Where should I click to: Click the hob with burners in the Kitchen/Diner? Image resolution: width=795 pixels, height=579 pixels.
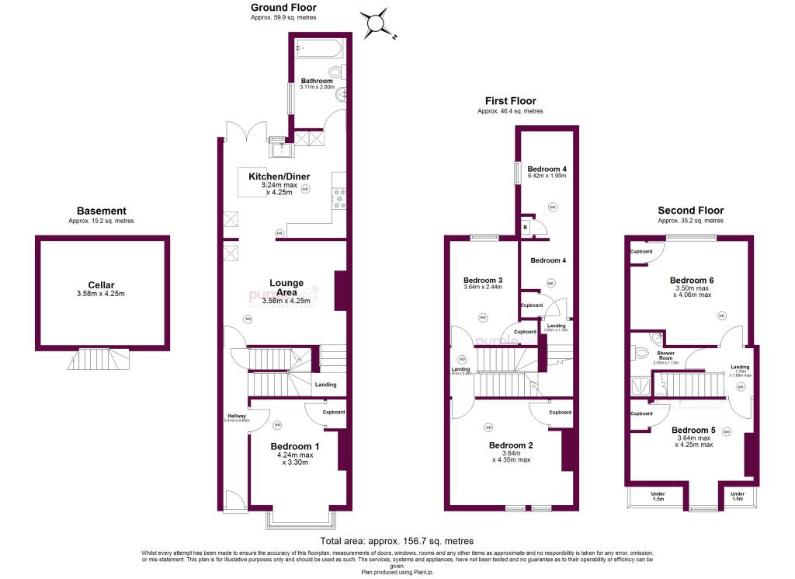tap(338, 201)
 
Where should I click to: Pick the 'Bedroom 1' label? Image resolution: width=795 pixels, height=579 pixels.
tap(294, 446)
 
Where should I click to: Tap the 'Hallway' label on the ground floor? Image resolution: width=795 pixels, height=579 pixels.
tap(236, 416)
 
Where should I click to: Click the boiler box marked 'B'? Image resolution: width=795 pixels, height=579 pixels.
tap(526, 227)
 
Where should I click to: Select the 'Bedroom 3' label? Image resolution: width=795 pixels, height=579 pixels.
tap(483, 280)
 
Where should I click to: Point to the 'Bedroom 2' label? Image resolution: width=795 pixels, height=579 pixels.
tap(510, 445)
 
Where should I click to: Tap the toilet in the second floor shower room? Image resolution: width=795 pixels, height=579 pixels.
tap(640, 353)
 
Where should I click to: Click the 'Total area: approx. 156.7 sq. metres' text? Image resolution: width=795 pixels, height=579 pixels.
tap(397, 541)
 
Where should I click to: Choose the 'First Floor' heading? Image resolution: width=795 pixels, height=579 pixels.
tap(510, 101)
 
